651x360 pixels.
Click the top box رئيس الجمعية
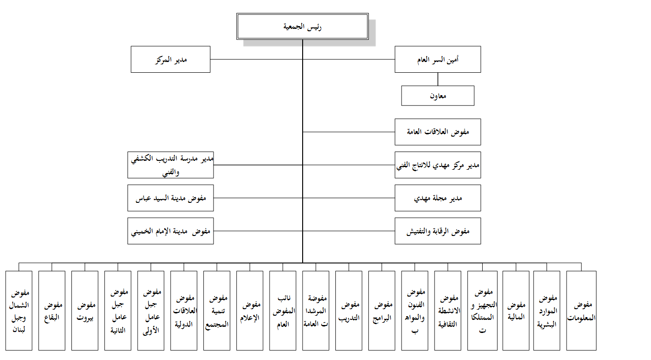tap(302, 26)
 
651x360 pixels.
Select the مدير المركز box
tap(170, 59)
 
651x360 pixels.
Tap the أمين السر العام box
tap(438, 59)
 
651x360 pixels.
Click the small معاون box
tap(438, 96)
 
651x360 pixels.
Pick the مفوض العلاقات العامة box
tap(438, 132)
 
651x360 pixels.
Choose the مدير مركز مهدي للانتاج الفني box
tap(438, 165)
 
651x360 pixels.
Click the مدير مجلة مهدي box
tap(438, 198)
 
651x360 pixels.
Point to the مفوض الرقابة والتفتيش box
tap(438, 231)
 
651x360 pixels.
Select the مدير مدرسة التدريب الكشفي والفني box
tap(170, 165)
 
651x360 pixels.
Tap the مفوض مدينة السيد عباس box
tap(170, 198)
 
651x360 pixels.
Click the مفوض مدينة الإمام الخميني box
tap(170, 231)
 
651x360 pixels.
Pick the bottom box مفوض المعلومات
tap(581, 311)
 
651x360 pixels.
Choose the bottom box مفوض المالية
tap(516, 311)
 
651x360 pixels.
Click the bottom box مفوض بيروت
tap(85, 311)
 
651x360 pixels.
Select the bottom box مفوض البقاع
tap(52, 311)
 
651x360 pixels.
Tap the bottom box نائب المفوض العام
tap(283, 311)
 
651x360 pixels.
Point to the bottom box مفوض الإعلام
tap(249, 311)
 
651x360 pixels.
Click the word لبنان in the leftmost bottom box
tap(19, 330)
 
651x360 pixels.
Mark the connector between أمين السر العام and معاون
tap(438, 79)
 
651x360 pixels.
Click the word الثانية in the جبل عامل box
tap(118, 330)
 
